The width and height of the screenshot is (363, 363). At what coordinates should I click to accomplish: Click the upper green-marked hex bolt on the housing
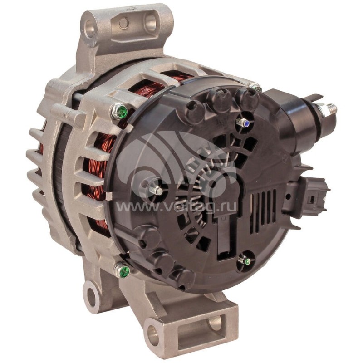click(x=120, y=110)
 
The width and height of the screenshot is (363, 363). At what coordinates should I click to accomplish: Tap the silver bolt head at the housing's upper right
click(x=255, y=85)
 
